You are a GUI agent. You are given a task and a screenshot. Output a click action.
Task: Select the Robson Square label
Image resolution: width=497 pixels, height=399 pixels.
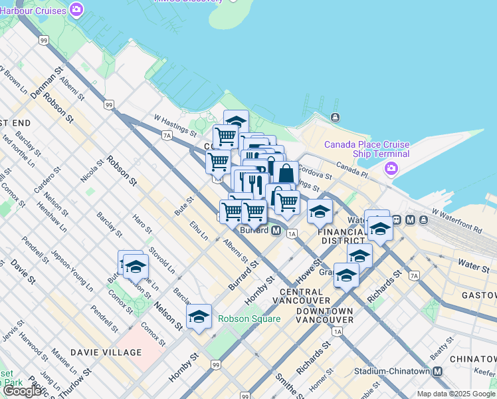[249, 319]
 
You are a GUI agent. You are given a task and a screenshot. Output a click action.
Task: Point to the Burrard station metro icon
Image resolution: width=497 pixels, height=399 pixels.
[292, 231]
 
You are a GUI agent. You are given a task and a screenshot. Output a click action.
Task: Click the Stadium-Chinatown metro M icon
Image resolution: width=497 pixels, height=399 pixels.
[438, 372]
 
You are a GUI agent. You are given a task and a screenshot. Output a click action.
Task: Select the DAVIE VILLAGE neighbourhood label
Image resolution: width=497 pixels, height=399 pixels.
[106, 352]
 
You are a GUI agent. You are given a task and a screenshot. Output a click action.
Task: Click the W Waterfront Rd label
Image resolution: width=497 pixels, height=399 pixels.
[456, 219]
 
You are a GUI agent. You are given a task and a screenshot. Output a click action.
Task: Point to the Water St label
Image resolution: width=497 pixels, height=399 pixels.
[474, 266]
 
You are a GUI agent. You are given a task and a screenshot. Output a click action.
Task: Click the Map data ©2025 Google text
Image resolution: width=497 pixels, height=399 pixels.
[456, 394]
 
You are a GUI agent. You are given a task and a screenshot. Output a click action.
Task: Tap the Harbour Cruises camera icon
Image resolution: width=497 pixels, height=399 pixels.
[77, 10]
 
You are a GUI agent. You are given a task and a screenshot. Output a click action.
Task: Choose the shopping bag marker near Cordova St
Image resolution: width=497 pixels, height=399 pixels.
[286, 174]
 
